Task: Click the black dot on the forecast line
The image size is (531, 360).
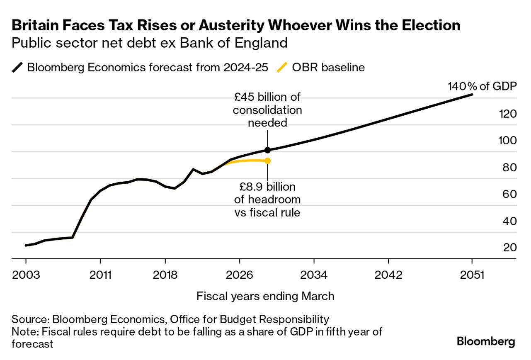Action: tap(267, 150)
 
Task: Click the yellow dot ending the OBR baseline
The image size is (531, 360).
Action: tap(267, 161)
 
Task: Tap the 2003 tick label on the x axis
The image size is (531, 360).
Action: tap(26, 275)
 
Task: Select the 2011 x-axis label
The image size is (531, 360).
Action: tap(100, 275)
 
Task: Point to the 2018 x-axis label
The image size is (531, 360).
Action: tap(165, 275)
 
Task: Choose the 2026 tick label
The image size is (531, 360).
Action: tap(240, 275)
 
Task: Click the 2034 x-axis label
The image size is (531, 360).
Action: tap(314, 275)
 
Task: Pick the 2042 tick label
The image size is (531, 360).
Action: tap(388, 275)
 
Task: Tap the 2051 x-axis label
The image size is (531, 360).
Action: tap(472, 275)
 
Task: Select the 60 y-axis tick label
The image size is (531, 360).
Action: tap(509, 194)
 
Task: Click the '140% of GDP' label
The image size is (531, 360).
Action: tap(482, 87)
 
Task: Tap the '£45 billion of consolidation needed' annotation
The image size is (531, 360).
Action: tap(267, 110)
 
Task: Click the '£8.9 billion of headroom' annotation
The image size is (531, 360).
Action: tap(267, 199)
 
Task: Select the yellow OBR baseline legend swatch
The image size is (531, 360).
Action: tap(282, 67)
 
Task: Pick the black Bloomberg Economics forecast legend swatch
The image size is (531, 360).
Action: tap(18, 67)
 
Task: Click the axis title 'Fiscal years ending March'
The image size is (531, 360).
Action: tap(265, 296)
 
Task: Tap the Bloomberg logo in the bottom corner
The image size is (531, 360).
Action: tap(486, 342)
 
